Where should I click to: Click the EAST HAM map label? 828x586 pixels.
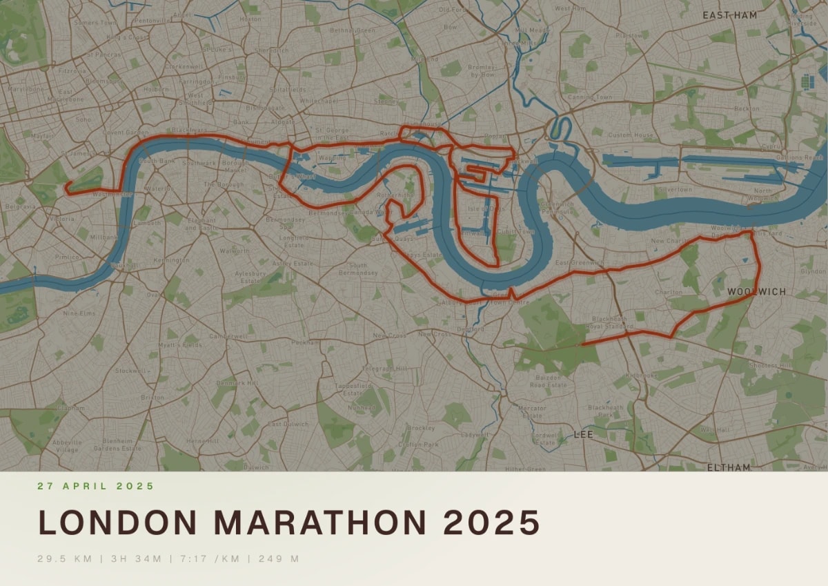coord(729,14)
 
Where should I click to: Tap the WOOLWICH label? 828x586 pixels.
coord(756,292)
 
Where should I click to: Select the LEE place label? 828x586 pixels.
coord(583,435)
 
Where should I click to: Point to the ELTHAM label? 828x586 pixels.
coord(729,467)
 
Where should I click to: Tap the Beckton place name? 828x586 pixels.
coord(747,108)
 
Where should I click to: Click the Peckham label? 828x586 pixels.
coord(305,342)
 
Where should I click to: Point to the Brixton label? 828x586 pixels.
coord(152,398)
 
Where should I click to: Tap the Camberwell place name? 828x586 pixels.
coord(227,336)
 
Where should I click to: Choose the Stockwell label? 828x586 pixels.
coord(130,371)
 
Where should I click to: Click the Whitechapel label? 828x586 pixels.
coord(319,101)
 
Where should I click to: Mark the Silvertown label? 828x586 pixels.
coord(676,188)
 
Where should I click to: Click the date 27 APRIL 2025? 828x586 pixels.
coord(96,486)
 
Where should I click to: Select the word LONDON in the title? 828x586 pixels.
coord(118,522)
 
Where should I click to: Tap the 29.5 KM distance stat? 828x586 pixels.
coord(64,558)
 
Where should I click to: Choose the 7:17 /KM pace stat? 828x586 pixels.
coord(209,558)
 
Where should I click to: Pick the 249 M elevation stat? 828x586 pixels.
coord(279,558)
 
